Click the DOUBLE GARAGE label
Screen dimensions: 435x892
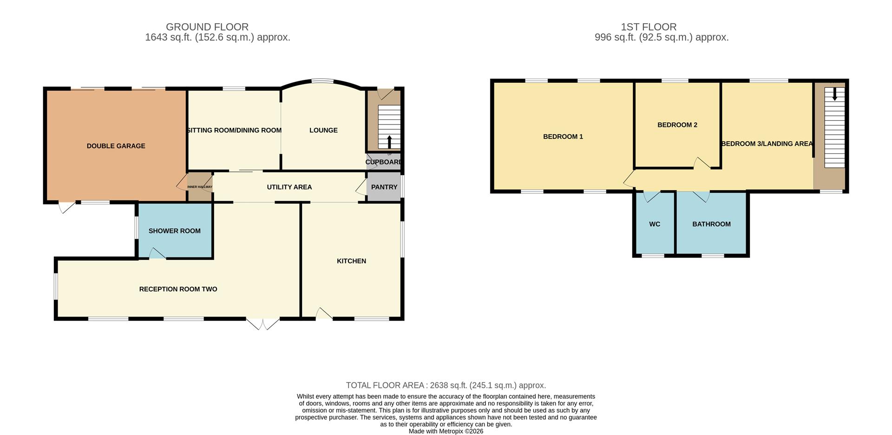tap(116, 146)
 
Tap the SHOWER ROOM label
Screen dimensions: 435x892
tap(174, 231)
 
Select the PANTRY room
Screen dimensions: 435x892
tap(384, 187)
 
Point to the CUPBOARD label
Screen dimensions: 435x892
tap(383, 162)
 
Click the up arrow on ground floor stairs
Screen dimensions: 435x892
tap(389, 141)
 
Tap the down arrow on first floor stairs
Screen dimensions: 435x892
tap(834, 94)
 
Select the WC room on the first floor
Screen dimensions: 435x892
tap(655, 224)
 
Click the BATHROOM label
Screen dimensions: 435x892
tap(711, 224)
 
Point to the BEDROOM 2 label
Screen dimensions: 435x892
tap(677, 125)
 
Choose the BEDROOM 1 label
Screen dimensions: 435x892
tap(563, 137)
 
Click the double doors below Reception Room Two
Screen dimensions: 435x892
tap(263, 324)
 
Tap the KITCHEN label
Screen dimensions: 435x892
tap(351, 261)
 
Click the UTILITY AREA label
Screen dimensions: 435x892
tap(289, 187)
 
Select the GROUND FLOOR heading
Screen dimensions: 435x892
tap(207, 27)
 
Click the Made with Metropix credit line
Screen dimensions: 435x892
tap(446, 431)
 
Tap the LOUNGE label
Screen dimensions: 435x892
tap(323, 130)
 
